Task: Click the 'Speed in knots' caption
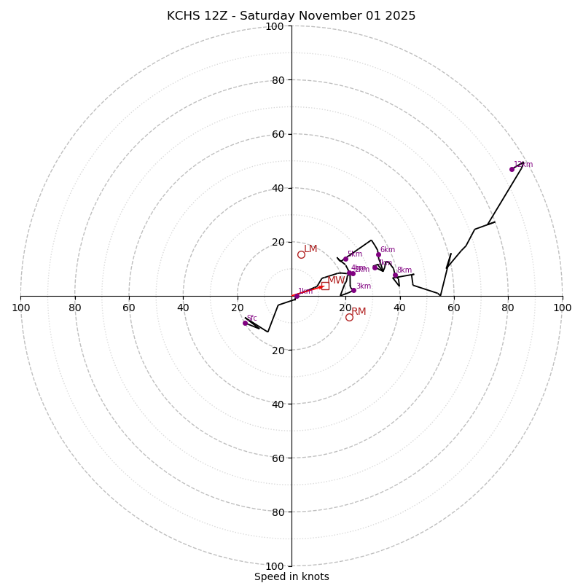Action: point(291,576)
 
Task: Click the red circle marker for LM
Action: point(301,254)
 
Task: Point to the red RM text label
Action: point(359,312)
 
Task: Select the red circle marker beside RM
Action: point(349,317)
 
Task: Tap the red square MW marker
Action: point(325,286)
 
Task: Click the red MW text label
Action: point(336,281)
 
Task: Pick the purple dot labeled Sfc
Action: point(245,323)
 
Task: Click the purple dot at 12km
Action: point(512,169)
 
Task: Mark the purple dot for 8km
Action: point(396,275)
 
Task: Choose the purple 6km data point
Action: point(378,254)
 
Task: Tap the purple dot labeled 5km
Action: point(345,259)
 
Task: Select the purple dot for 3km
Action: point(353,290)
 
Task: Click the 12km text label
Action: point(523,165)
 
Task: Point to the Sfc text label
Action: point(252,318)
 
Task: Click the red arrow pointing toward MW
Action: point(309,291)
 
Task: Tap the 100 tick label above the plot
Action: point(274,27)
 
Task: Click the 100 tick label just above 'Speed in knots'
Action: point(274,566)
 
